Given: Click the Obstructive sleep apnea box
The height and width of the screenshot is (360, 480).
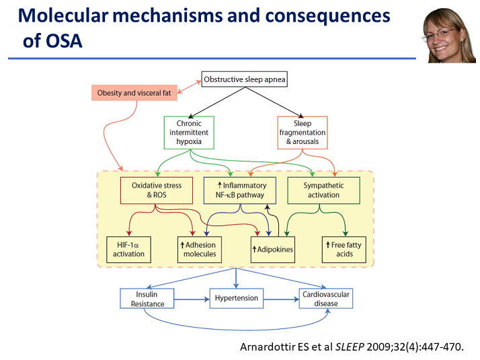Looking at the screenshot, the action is [244, 79].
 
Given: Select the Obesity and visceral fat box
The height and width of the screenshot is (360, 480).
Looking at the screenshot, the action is [134, 93].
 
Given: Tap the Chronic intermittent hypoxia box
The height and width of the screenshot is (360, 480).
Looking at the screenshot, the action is [189, 133].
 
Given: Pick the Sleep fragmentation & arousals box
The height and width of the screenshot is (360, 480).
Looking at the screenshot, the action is [303, 133].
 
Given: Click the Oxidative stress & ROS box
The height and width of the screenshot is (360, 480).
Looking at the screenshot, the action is [157, 190].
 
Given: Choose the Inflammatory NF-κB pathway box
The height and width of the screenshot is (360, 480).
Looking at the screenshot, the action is [240, 190].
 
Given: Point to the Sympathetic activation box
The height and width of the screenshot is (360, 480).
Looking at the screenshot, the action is [323, 190].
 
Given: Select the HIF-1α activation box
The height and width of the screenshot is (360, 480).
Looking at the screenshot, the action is [128, 250].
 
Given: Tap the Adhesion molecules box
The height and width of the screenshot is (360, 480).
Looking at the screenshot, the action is [200, 250].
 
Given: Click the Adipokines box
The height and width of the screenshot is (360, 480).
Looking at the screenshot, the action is [273, 250].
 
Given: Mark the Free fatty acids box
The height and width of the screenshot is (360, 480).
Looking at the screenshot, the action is [344, 250].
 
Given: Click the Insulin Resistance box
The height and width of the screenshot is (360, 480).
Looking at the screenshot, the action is [147, 298].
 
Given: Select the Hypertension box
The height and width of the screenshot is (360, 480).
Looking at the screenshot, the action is [237, 298].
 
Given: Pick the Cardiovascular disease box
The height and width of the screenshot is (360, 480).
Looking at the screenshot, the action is [325, 298].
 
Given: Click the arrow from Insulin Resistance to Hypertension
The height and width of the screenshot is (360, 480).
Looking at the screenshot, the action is [192, 299].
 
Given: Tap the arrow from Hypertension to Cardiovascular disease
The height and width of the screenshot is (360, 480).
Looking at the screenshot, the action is [281, 299].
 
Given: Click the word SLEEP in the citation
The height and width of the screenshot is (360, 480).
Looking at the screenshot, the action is [350, 347].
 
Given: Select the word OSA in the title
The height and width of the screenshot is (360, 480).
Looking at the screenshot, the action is [64, 41].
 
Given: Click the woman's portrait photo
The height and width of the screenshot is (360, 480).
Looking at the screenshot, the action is [448, 35].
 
